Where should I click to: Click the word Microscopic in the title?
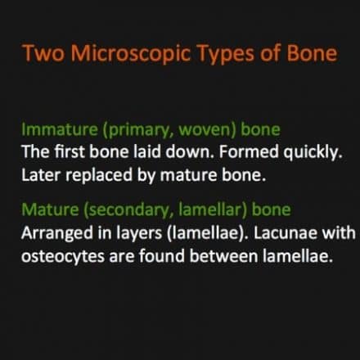[131, 53]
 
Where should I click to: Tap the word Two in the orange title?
[43, 52]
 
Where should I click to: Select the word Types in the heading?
[225, 54]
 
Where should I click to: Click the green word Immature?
[60, 129]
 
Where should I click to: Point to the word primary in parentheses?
[138, 130]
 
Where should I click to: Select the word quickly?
[313, 152]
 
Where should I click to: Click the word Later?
[41, 175]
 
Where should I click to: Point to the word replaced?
[99, 176]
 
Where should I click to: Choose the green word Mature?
[50, 209]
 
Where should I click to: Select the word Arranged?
[57, 234]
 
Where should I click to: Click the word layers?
[139, 234]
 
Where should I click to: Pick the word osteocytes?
[63, 257]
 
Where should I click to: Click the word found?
[162, 256]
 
